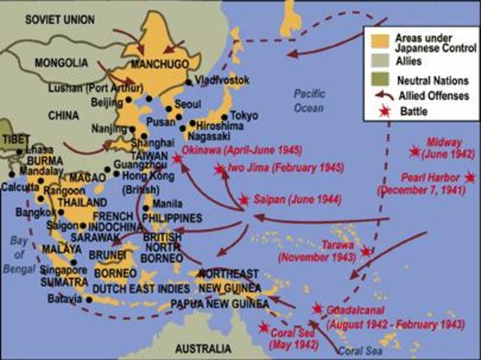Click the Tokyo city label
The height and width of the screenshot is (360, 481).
tap(244, 116)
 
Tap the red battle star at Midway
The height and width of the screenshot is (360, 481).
tap(414, 152)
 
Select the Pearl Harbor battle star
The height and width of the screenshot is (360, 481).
tap(470, 177)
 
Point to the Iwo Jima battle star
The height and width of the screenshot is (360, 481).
tap(219, 170)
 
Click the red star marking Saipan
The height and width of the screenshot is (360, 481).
tap(244, 200)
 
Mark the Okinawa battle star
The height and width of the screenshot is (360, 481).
tap(177, 159)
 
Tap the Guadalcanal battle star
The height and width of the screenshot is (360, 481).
tap(318, 309)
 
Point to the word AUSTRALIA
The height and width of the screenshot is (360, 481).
tap(203, 349)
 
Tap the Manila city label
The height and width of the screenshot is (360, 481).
tap(168, 204)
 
